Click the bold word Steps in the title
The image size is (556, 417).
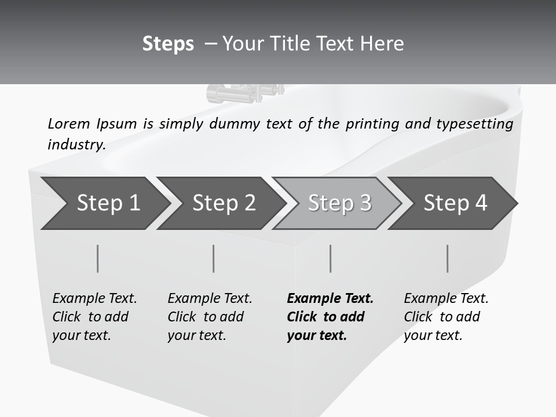pyautogui.click(x=168, y=44)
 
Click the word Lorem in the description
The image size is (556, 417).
pyautogui.click(x=68, y=123)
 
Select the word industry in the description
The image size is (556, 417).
pyautogui.click(x=76, y=145)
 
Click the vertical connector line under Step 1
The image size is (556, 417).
pyautogui.click(x=97, y=258)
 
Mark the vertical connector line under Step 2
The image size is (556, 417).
pyautogui.click(x=214, y=258)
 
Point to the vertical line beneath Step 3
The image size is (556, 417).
pyautogui.click(x=330, y=258)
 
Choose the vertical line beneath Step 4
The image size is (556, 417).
pyautogui.click(x=447, y=258)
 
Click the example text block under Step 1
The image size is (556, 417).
pyautogui.click(x=94, y=317)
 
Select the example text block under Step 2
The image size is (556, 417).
pyautogui.click(x=210, y=317)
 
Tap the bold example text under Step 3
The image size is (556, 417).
pyautogui.click(x=330, y=317)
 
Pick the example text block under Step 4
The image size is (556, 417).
pyautogui.click(x=446, y=317)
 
